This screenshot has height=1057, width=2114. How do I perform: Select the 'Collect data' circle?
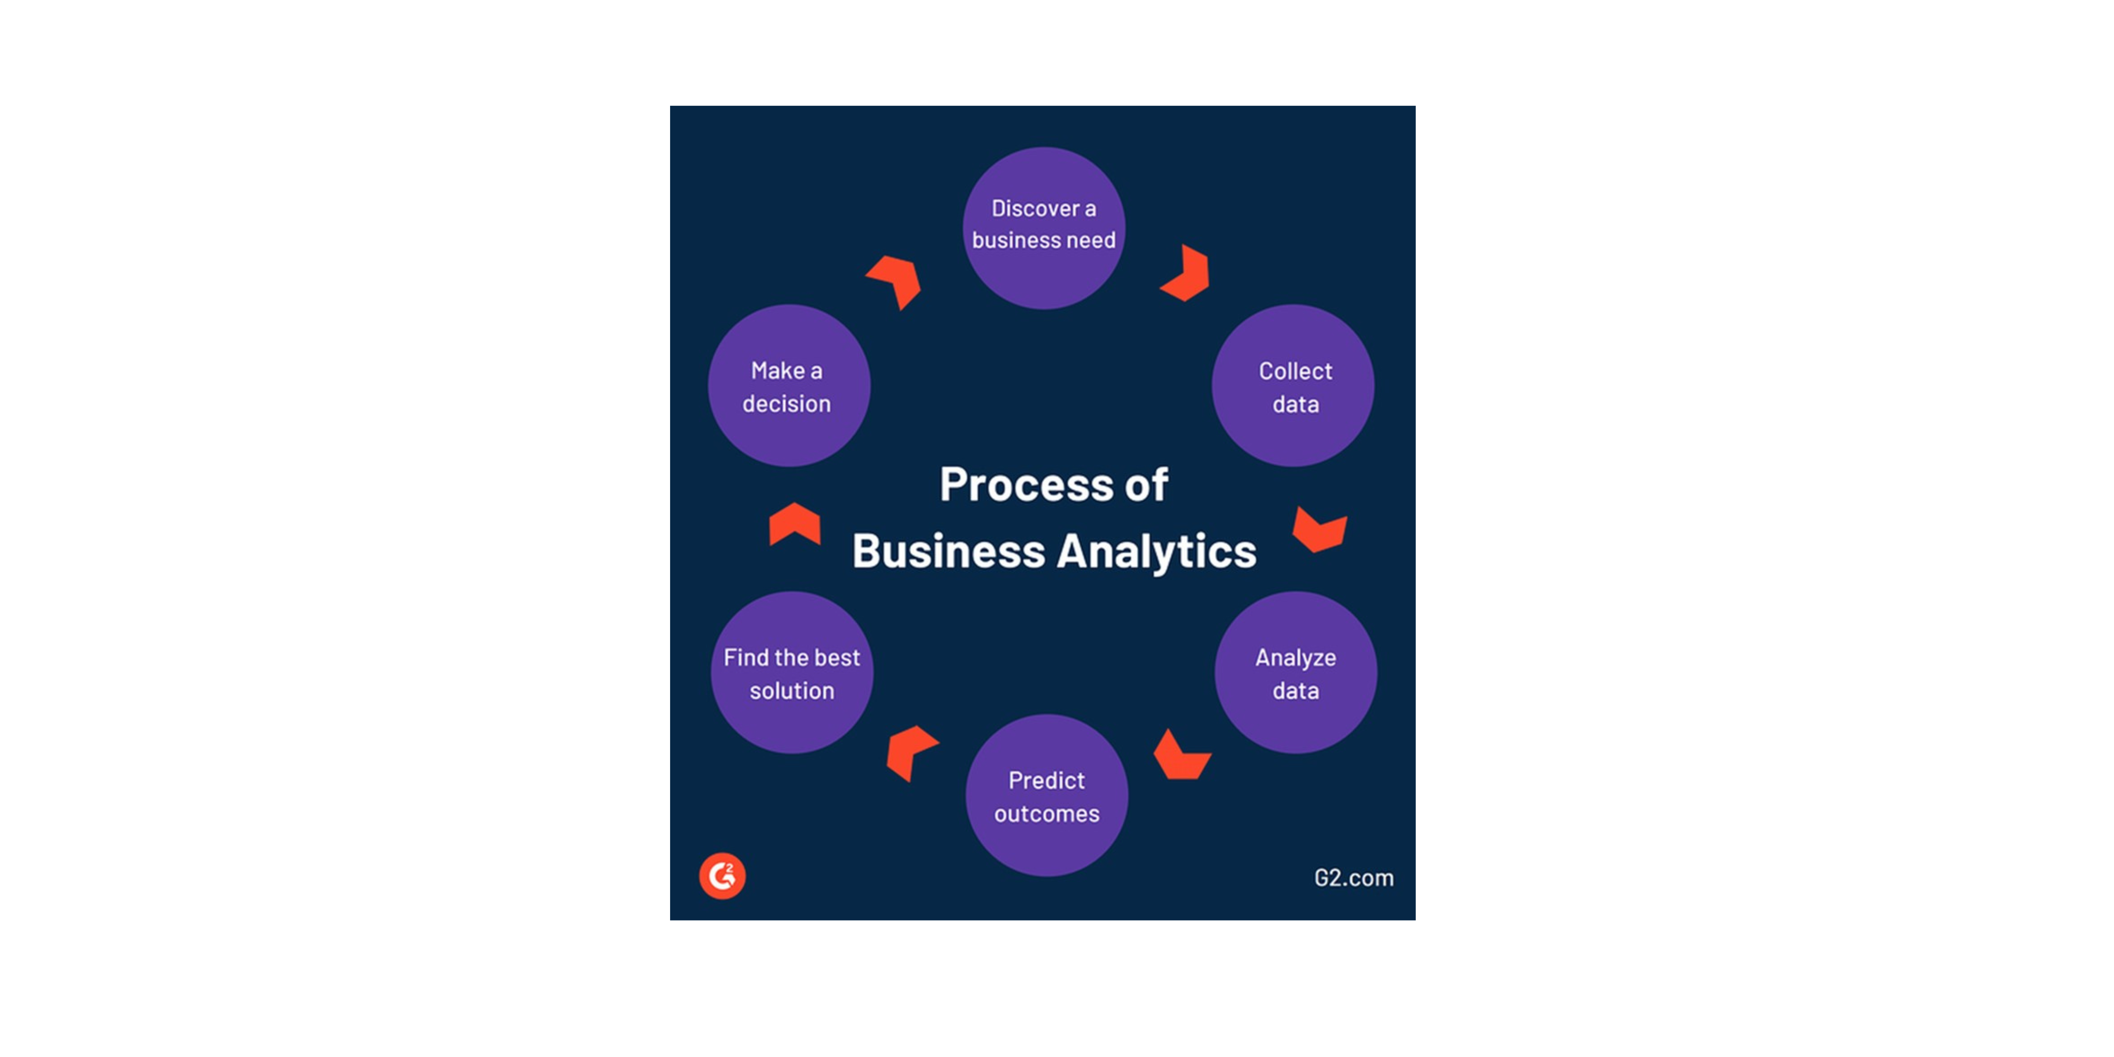pos(1293,386)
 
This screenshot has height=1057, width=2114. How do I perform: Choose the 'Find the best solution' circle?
pos(792,673)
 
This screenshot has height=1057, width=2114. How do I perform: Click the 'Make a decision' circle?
pos(789,386)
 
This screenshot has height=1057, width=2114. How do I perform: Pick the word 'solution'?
pos(792,691)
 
